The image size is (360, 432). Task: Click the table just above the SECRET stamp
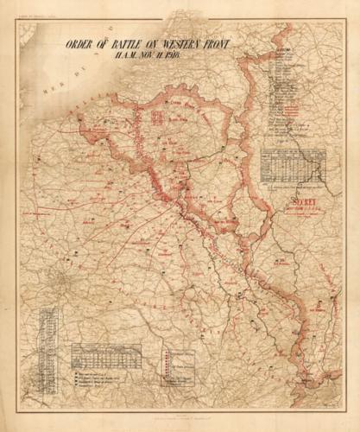click(x=294, y=165)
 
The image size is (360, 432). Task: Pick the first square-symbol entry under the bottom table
click(x=95, y=372)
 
